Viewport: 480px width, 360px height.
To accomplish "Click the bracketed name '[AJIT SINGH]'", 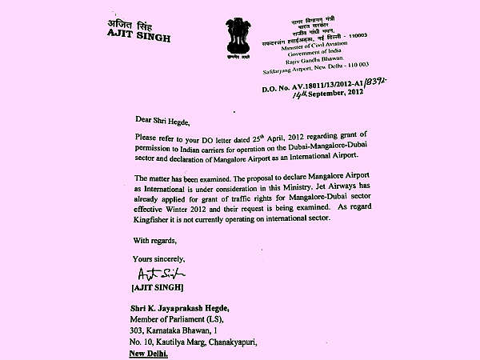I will click(156, 286).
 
